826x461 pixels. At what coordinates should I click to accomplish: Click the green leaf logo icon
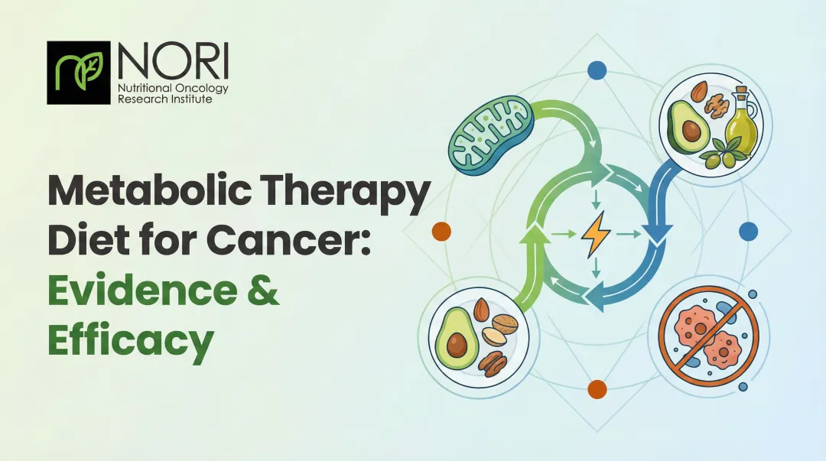[x=79, y=72]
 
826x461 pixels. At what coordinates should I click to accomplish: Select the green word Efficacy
[x=130, y=343]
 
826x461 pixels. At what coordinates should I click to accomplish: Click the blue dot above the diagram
[x=597, y=71]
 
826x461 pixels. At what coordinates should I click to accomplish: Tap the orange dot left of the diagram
[x=441, y=232]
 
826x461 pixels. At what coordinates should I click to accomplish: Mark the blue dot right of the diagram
[x=748, y=231]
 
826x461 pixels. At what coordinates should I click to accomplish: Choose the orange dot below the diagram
[x=597, y=389]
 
